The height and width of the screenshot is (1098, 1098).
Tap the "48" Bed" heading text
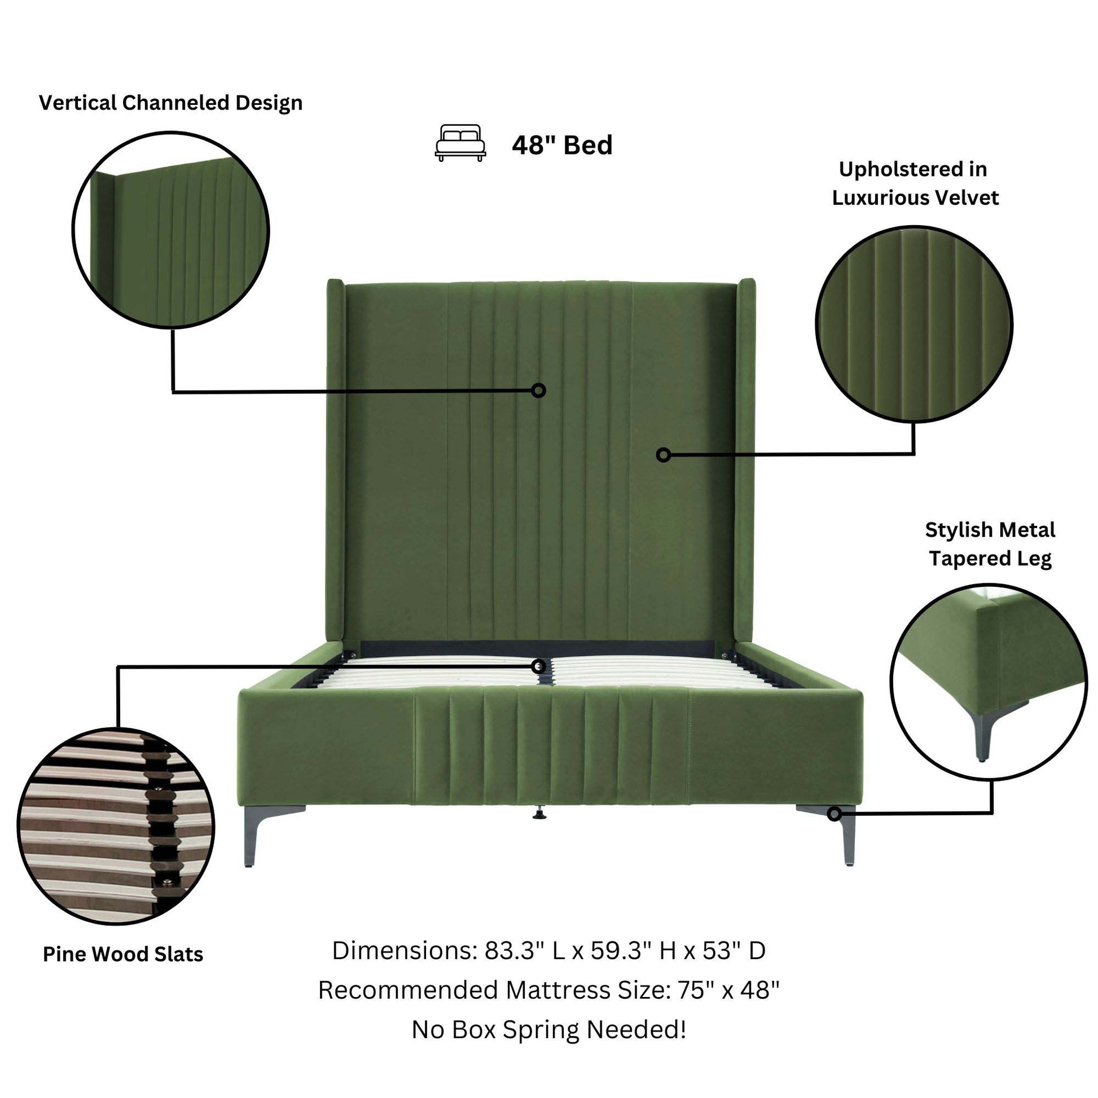pyautogui.click(x=561, y=146)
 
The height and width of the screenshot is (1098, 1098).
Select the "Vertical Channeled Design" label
pyautogui.click(x=170, y=103)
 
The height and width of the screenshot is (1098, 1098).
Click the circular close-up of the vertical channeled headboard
pyautogui.click(x=171, y=230)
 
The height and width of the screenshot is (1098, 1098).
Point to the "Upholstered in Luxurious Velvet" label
pyautogui.click(x=915, y=183)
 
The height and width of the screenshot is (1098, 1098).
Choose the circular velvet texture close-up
pyautogui.click(x=914, y=324)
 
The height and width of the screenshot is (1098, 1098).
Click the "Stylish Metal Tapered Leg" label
pyautogui.click(x=990, y=544)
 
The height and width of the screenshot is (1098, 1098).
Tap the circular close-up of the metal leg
pyautogui.click(x=989, y=683)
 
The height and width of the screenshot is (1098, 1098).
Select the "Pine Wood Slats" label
pyautogui.click(x=123, y=954)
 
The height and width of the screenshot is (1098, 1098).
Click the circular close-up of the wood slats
pyautogui.click(x=116, y=825)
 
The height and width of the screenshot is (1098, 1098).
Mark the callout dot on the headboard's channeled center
pyautogui.click(x=539, y=390)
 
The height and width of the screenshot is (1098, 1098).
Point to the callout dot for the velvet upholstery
pyautogui.click(x=663, y=455)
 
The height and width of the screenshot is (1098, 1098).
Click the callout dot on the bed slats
pyautogui.click(x=539, y=666)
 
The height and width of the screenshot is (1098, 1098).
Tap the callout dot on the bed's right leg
pyautogui.click(x=834, y=814)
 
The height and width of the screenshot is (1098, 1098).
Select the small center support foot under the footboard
pyautogui.click(x=538, y=814)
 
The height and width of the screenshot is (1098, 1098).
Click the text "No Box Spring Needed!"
pyautogui.click(x=549, y=1029)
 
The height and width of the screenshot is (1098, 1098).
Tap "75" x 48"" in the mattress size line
pyautogui.click(x=728, y=990)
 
